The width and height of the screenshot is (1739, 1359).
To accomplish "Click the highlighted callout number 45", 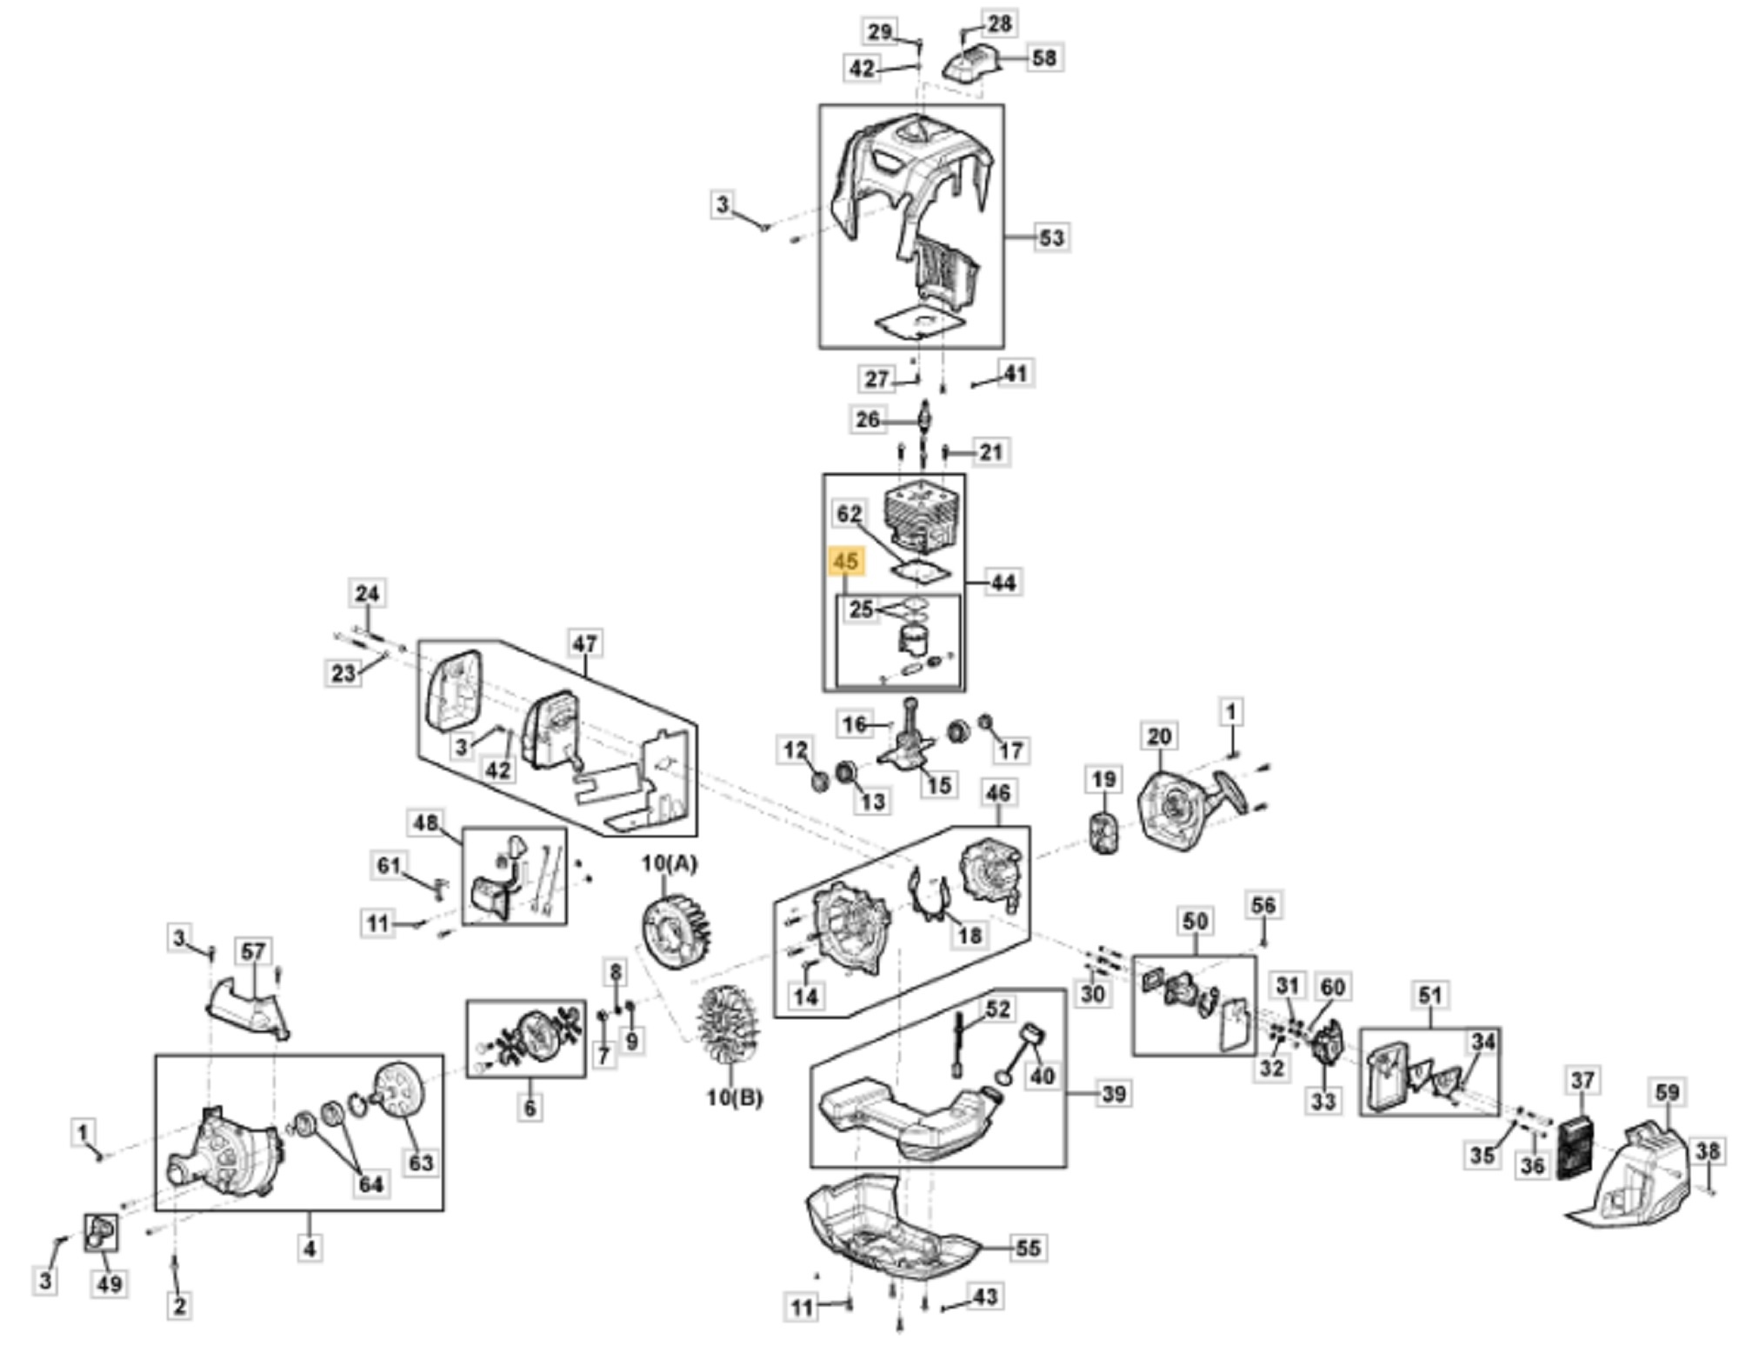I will coord(845,563).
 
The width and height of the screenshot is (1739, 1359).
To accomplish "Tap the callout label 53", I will coord(1051,237).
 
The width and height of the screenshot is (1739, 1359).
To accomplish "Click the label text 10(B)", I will coord(734,1097).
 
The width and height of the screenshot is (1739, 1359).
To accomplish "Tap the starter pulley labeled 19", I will coord(1104,834).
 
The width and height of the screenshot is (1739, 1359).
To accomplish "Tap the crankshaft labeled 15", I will coord(909,748).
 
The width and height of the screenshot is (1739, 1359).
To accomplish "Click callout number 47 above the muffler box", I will coord(584,643).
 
